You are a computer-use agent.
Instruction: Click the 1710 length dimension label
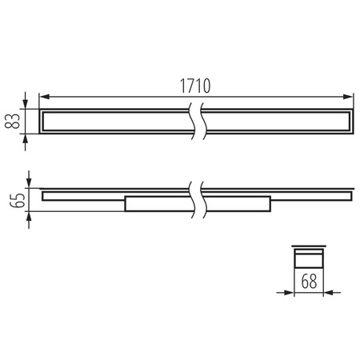click(x=195, y=85)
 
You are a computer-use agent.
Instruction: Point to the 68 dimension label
click(x=309, y=282)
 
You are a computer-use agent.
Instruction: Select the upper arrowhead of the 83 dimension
click(x=29, y=103)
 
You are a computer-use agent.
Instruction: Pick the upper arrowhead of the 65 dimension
click(x=29, y=180)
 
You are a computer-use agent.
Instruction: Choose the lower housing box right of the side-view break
click(x=236, y=204)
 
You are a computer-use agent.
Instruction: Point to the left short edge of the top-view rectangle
click(x=40, y=120)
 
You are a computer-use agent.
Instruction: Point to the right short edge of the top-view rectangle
click(x=351, y=120)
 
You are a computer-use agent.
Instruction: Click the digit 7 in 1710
click(x=190, y=85)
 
